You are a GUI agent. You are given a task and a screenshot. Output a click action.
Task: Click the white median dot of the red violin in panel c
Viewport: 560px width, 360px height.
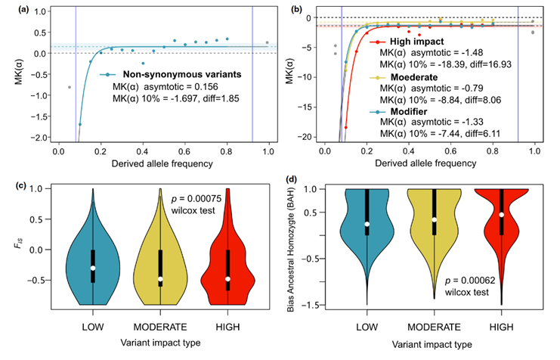[x=228, y=279]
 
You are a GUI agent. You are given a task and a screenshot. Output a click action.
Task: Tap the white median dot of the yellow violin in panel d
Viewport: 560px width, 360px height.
[x=435, y=219]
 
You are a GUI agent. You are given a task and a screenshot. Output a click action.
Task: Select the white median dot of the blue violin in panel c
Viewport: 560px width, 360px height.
[x=93, y=268]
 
